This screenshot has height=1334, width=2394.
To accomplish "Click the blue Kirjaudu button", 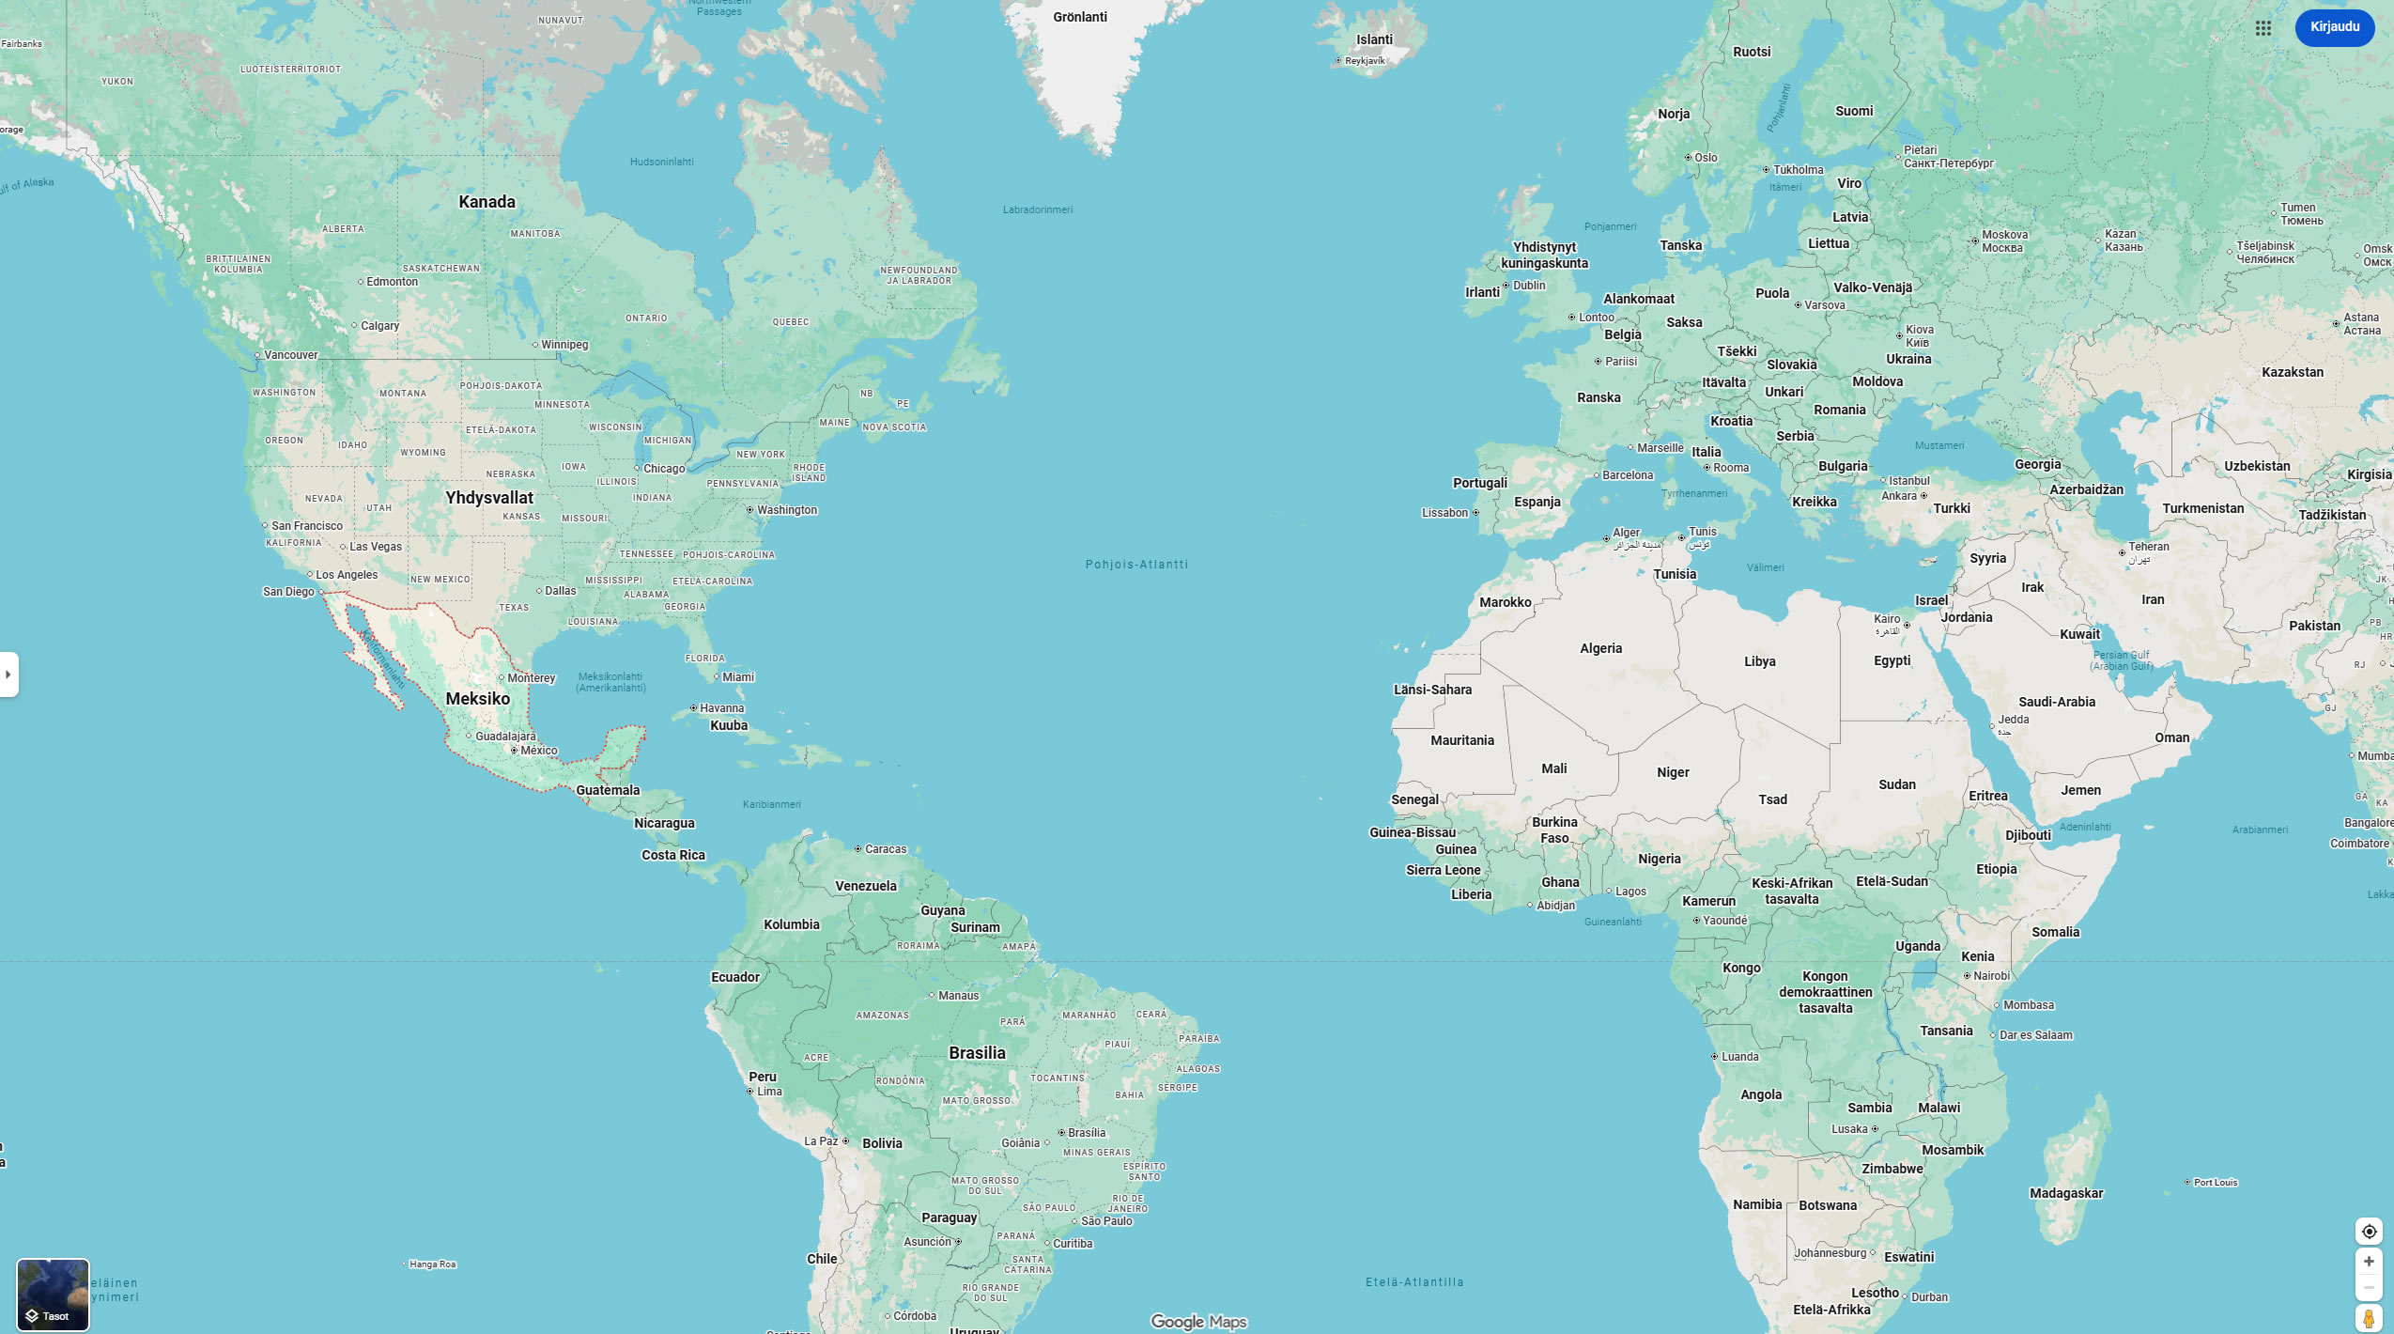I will (2334, 27).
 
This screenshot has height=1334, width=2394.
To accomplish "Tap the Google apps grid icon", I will (2263, 28).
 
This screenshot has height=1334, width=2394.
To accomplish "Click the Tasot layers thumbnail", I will (53, 1295).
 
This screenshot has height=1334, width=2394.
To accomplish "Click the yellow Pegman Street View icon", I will (2369, 1319).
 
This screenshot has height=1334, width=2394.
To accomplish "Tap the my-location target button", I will (2369, 1232).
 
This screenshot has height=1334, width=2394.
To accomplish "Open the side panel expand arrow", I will (8, 675).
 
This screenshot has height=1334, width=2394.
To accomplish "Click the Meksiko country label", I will (478, 699).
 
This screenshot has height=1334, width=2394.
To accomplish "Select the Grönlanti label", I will (1080, 17).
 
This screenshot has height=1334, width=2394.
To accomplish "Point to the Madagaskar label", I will (2066, 1193).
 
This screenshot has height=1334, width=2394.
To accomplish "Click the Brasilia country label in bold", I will (977, 1053).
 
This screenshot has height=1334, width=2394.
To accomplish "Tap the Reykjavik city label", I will (1365, 61).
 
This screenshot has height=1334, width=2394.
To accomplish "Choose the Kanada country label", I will (487, 202).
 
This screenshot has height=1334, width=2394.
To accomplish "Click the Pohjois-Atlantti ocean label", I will (1136, 565).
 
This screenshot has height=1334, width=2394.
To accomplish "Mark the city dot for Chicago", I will (637, 468).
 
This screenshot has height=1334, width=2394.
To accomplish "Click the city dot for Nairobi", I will (1967, 975).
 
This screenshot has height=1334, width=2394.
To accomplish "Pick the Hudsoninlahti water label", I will (662, 162).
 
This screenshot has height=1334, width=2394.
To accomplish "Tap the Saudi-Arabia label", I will (2057, 702).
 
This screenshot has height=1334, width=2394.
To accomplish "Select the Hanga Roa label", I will (432, 1264).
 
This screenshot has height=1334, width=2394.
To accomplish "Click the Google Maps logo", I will (1198, 1322).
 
